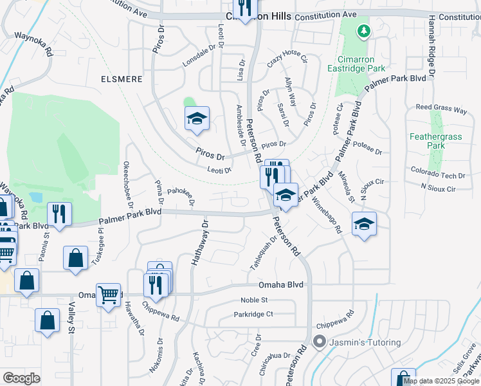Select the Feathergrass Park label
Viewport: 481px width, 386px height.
point(427,141)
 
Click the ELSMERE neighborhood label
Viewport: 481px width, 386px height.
point(120,78)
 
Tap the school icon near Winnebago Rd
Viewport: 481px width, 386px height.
point(364,224)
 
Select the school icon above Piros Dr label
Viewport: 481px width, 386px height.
point(197,118)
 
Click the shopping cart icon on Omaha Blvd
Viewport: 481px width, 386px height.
point(108,295)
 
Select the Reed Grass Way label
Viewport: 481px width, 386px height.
point(441,109)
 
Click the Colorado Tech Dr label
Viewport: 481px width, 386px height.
point(442,175)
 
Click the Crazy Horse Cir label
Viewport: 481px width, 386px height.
point(287,58)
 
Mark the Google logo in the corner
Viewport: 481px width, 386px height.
point(21,378)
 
